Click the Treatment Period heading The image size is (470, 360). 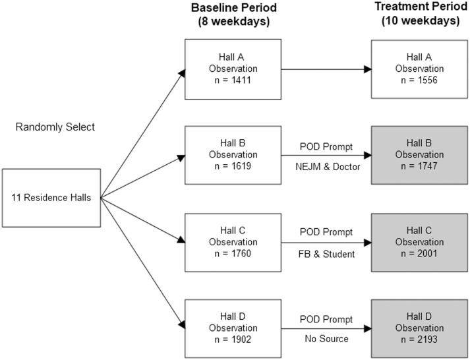(419, 8)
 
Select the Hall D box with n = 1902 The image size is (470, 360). (234, 327)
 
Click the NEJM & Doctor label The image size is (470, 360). (328, 166)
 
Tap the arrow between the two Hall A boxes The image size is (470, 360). (326, 68)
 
